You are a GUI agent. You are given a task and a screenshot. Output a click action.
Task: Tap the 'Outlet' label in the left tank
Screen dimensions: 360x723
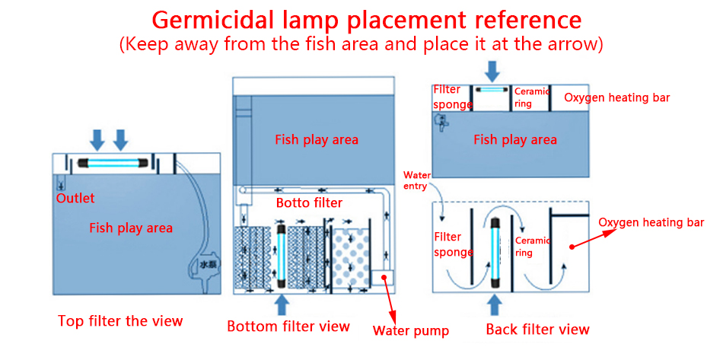[x=75, y=199]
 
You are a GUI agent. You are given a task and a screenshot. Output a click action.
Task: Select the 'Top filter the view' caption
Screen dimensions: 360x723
[x=120, y=320]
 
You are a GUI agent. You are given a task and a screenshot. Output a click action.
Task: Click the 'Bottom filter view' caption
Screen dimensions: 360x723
[x=288, y=327]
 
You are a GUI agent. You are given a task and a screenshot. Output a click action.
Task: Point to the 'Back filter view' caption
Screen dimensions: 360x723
[x=537, y=330]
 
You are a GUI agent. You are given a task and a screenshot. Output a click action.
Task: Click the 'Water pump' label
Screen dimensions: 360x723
[x=410, y=330]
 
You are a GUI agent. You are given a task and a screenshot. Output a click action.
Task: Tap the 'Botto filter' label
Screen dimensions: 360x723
[x=309, y=203]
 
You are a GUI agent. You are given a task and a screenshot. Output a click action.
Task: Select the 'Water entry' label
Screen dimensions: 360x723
[x=416, y=180]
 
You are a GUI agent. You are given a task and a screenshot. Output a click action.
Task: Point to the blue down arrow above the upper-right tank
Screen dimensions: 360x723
[x=492, y=72]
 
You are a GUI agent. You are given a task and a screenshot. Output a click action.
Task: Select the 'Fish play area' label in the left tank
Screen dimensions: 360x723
[x=131, y=228]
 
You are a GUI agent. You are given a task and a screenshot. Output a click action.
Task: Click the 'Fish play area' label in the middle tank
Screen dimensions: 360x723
[x=317, y=139]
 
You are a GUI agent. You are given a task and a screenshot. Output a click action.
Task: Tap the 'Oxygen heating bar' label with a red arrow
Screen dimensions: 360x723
[x=651, y=222]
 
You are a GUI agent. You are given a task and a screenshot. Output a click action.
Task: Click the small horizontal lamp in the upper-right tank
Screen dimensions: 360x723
[x=492, y=90]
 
